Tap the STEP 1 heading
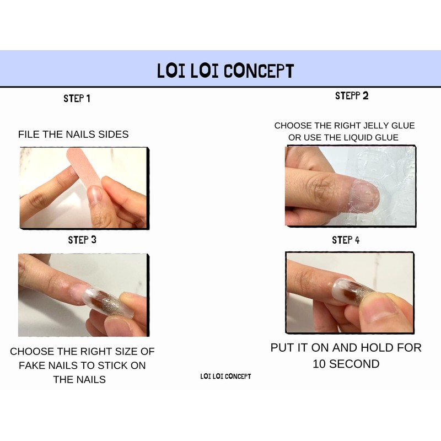point(77,99)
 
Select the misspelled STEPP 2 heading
point(352,96)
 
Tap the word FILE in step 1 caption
point(29,135)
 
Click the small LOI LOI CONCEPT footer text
point(225,376)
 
